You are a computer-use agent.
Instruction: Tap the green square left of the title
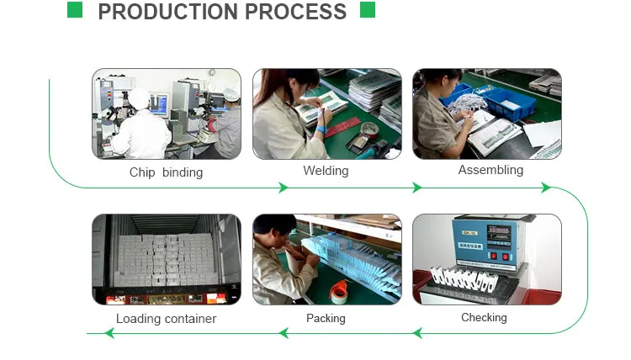[75, 10]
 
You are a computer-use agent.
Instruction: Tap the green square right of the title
[367, 10]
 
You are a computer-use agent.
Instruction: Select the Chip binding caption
[166, 172]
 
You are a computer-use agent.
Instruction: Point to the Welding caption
[326, 171]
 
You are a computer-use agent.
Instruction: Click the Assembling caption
[490, 170]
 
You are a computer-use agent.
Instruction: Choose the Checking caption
[484, 317]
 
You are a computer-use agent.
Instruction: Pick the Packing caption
[326, 318]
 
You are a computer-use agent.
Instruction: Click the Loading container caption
[166, 319]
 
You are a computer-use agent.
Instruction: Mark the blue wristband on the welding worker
[322, 130]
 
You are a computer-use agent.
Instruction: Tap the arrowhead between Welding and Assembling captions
[416, 188]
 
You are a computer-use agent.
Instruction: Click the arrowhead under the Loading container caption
[109, 334]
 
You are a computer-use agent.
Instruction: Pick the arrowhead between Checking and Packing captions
[416, 334]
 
